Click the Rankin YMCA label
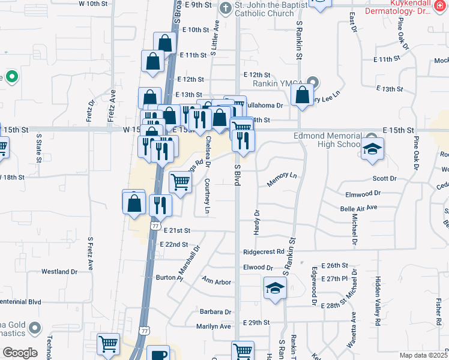point(270,83)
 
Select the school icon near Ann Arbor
point(274,288)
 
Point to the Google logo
point(19,353)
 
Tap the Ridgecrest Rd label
point(263,252)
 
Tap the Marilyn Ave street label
point(213,326)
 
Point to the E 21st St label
point(177,230)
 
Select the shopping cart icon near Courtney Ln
point(180,182)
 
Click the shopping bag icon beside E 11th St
point(153,61)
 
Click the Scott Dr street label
point(385,179)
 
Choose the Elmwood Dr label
point(363,193)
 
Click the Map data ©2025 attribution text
point(423,355)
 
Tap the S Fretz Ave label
point(91,254)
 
